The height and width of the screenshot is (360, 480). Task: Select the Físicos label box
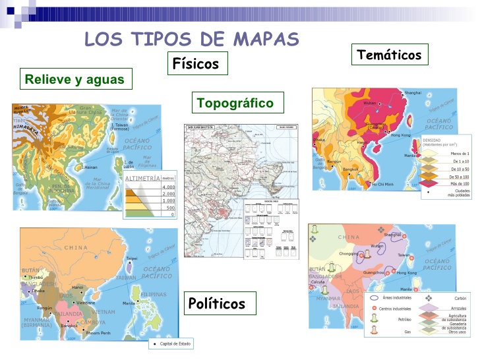(x=195, y=64)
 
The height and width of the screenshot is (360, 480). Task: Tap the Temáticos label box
(x=389, y=55)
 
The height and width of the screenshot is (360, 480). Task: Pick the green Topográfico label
(x=235, y=103)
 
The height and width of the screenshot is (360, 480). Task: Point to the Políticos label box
(x=217, y=303)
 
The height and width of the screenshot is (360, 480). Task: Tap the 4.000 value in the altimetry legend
(x=169, y=187)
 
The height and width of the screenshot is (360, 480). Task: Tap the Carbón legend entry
(x=460, y=298)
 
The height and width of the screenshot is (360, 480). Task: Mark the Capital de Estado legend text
(x=170, y=344)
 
